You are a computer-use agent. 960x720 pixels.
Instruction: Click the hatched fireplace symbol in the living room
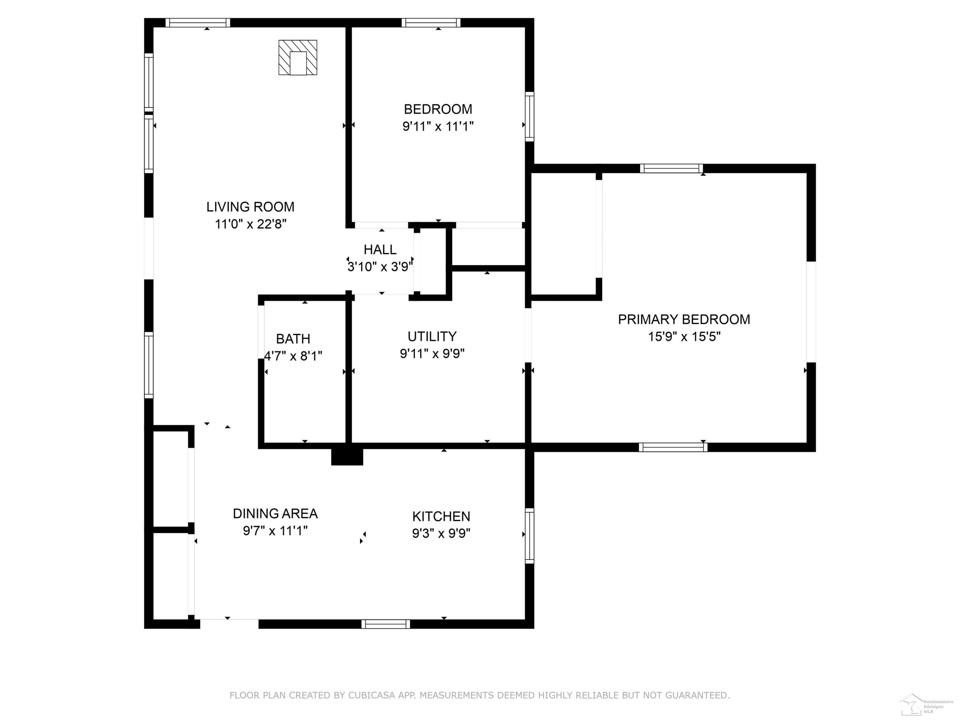(298, 57)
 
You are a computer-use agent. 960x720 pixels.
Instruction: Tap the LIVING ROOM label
(251, 207)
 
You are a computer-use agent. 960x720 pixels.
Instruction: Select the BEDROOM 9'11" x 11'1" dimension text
(438, 126)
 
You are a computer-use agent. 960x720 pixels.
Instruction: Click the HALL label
(380, 250)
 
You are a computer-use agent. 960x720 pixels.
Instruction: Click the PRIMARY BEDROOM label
(684, 319)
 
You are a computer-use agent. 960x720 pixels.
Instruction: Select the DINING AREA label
(275, 513)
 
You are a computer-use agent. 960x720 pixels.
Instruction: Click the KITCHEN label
(441, 516)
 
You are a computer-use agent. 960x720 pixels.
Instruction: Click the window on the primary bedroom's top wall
(671, 168)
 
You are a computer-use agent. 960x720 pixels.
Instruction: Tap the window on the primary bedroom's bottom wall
(673, 447)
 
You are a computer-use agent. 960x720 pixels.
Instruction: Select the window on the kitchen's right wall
(530, 536)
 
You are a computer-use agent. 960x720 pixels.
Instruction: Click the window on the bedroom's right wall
(530, 116)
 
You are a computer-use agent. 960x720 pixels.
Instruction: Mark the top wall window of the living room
(197, 23)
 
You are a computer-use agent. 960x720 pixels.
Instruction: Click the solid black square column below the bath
(347, 457)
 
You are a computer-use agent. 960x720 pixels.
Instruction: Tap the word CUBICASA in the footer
(371, 695)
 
